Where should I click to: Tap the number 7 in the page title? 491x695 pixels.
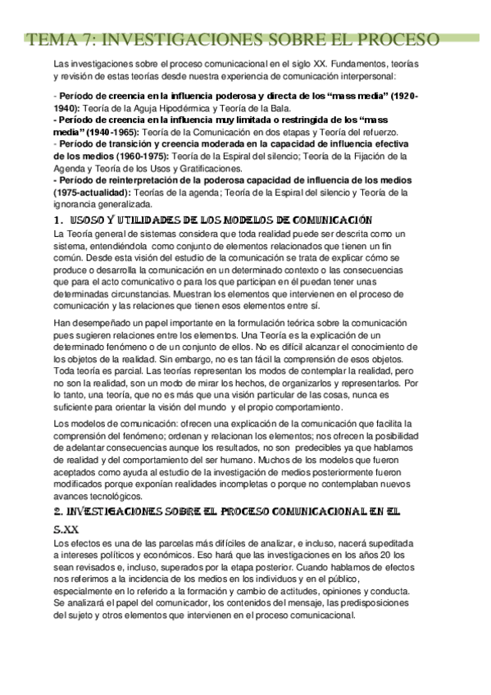tap(89, 40)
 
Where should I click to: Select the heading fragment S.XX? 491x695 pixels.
tap(66, 529)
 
